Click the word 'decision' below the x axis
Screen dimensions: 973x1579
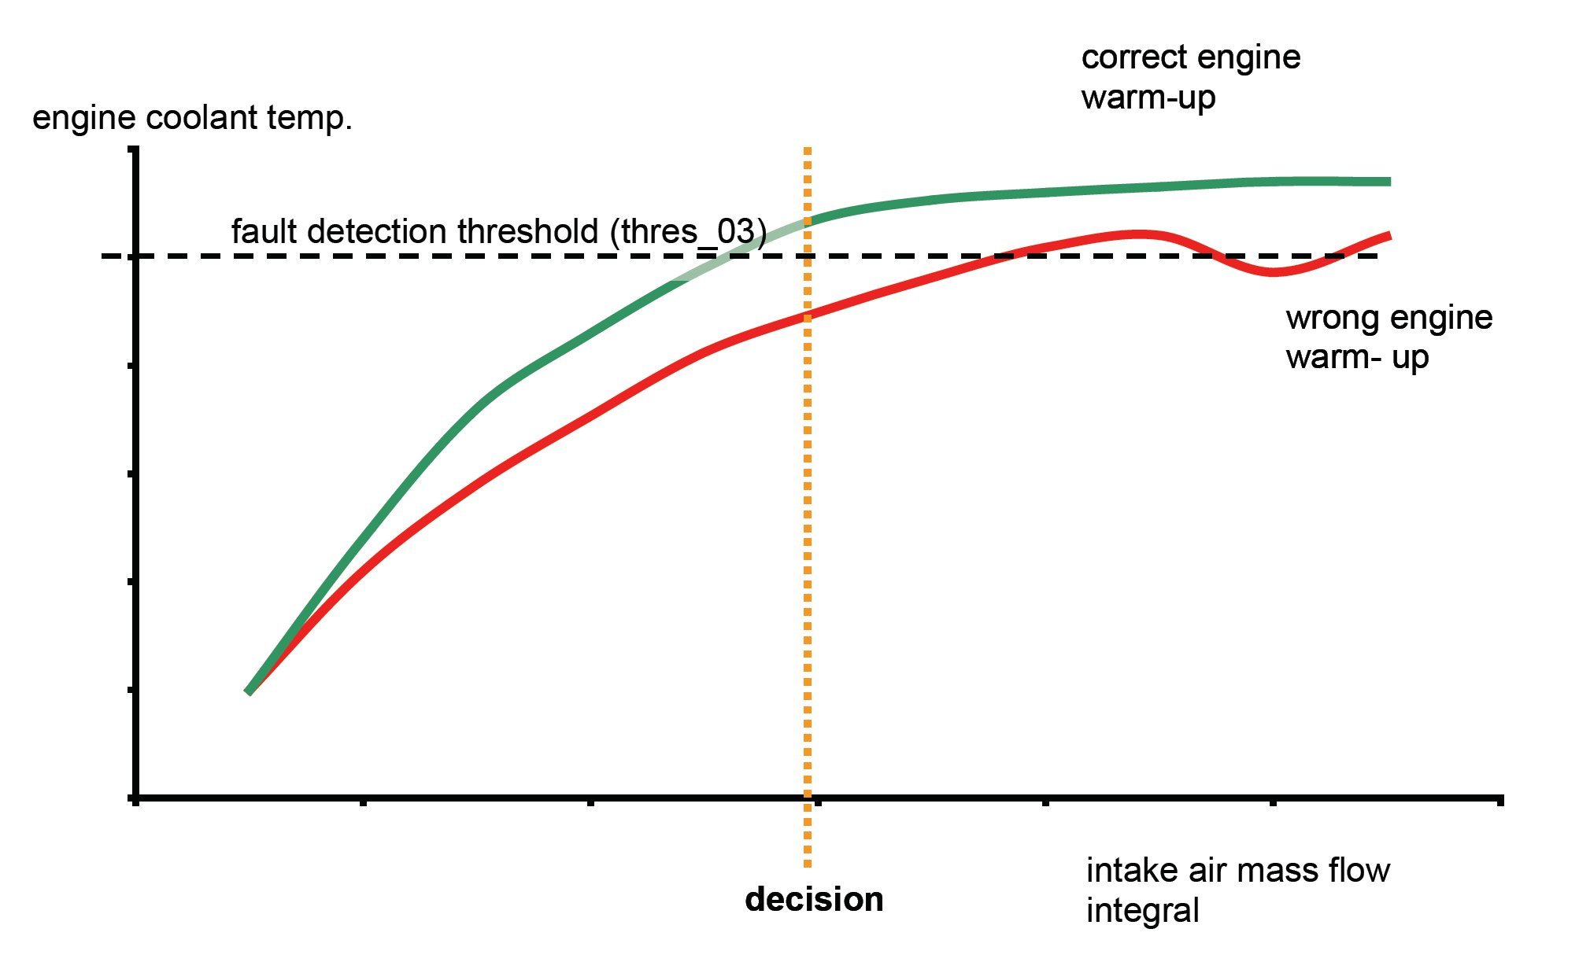click(814, 900)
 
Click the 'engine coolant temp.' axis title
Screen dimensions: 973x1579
click(192, 118)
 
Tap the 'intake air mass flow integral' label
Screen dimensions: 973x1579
click(1237, 890)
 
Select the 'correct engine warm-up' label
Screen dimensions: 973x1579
click(1190, 77)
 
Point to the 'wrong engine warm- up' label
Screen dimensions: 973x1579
click(1389, 337)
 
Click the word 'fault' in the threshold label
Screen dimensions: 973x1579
click(261, 232)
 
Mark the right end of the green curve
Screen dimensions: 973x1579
click(1389, 182)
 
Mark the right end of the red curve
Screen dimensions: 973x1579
click(1389, 234)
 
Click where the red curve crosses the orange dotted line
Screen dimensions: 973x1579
click(808, 315)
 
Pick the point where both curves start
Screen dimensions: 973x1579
click(249, 691)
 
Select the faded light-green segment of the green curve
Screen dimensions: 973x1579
click(740, 250)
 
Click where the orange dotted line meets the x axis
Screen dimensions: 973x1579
click(808, 798)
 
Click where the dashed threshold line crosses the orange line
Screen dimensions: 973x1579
click(808, 256)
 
